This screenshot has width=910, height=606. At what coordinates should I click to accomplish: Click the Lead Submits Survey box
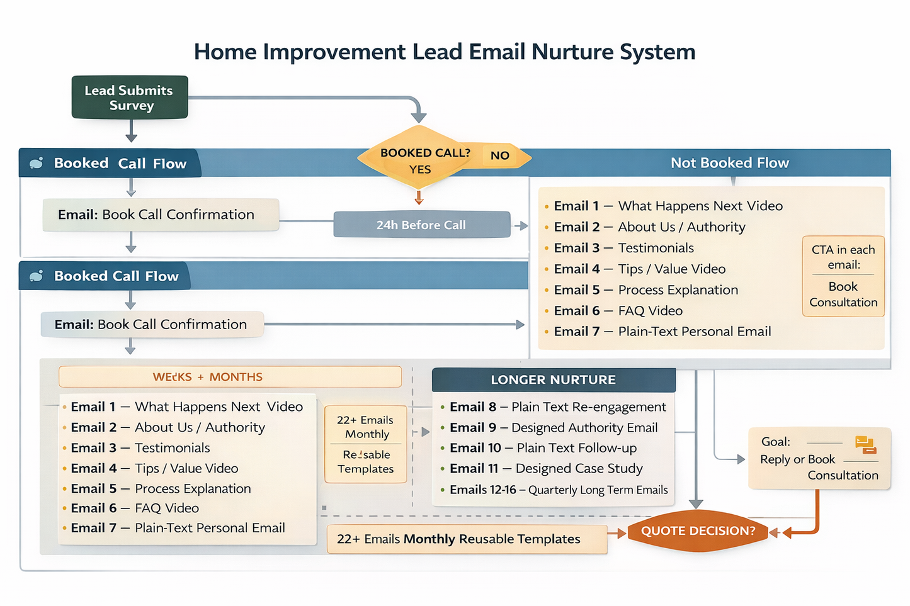[130, 98]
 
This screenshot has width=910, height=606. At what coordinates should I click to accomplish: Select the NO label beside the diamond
[500, 155]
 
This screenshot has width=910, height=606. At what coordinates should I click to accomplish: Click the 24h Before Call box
[421, 225]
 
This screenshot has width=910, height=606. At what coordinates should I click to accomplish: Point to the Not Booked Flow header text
[729, 163]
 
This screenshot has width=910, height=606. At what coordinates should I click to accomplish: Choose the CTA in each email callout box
[843, 276]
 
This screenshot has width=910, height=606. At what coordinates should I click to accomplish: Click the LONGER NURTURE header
[553, 380]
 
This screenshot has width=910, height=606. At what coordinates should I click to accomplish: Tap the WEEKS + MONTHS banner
[230, 377]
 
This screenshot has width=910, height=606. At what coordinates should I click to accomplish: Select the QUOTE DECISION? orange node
[698, 530]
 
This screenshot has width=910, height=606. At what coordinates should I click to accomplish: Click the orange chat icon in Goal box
[865, 444]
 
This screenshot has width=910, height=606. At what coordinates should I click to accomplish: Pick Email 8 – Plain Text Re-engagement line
[557, 407]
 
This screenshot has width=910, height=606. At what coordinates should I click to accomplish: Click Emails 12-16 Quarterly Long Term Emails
[558, 490]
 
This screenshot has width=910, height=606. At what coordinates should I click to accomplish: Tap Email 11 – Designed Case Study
[545, 469]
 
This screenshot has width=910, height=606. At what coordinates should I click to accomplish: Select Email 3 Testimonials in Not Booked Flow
[623, 248]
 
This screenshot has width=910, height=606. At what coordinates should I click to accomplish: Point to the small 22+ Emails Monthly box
[365, 444]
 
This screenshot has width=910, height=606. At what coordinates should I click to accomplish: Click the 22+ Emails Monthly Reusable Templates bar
[467, 539]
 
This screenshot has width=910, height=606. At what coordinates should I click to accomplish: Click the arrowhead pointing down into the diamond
[419, 117]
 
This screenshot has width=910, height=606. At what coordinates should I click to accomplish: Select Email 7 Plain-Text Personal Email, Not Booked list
[662, 332]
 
